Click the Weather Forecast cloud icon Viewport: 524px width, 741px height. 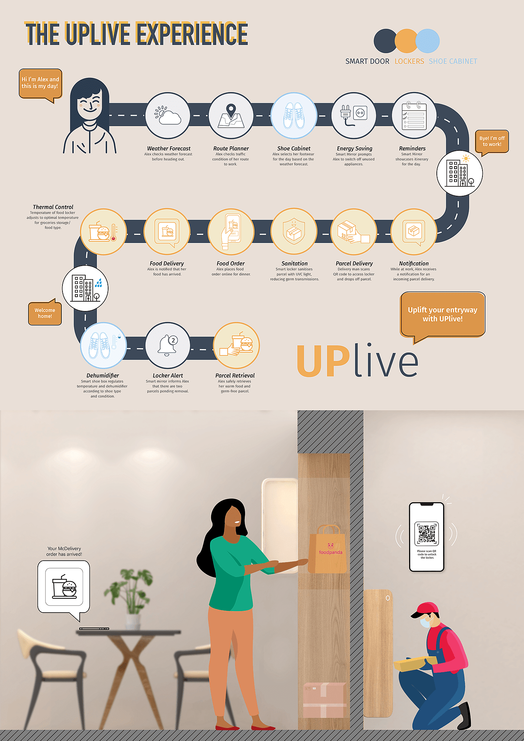click(168, 116)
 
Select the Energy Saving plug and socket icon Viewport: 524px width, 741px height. click(354, 116)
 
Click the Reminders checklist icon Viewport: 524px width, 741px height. click(414, 116)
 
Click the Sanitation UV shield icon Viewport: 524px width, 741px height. click(294, 231)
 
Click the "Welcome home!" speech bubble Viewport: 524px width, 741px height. click(45, 313)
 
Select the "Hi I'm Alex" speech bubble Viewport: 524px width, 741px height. click(40, 83)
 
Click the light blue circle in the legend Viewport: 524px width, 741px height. click(427, 41)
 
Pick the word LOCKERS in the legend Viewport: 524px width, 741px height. click(409, 61)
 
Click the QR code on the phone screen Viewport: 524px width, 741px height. click(427, 534)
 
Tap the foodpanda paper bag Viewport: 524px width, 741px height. click(328, 550)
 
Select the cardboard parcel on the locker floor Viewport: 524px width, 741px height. click(324, 700)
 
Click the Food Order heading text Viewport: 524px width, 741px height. click(231, 263)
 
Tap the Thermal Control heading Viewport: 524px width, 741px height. click(53, 207)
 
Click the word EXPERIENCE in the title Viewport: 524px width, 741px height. click(192, 34)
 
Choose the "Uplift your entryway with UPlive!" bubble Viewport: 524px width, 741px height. click(443, 314)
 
